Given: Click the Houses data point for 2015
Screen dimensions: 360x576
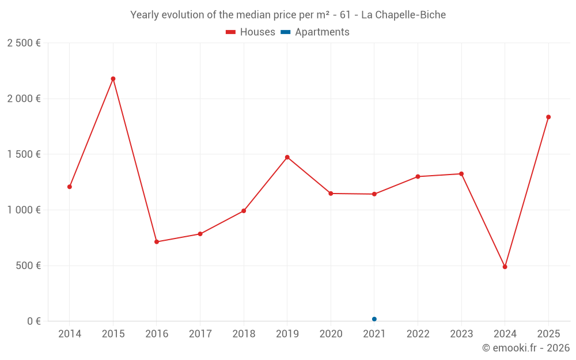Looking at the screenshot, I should (x=113, y=79).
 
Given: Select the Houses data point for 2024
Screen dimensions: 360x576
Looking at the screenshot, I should (x=505, y=267).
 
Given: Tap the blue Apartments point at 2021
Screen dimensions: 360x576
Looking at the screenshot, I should (x=374, y=319).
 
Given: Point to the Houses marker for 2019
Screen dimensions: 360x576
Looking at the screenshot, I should (x=287, y=157).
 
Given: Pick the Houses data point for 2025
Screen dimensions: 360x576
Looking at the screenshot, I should (x=548, y=117).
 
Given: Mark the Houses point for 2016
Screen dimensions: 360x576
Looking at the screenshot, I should (x=157, y=242).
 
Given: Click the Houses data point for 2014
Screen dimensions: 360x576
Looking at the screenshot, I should (x=70, y=187).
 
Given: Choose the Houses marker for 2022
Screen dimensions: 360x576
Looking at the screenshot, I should (x=418, y=177).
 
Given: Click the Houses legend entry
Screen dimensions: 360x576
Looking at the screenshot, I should (x=251, y=32).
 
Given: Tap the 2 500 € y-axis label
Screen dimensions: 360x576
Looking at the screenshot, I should (x=24, y=43).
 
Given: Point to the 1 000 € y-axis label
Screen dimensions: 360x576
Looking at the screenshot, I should (x=24, y=210).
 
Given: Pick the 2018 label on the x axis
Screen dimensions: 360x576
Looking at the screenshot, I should (x=244, y=334).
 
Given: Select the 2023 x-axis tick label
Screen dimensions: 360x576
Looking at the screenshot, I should (x=461, y=334).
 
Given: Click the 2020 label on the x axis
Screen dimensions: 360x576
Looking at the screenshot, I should (x=331, y=334).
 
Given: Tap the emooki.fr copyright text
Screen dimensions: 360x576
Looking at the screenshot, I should (x=525, y=348).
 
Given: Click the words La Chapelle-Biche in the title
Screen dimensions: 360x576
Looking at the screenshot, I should (x=403, y=15).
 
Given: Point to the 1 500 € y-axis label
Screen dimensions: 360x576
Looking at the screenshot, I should (x=24, y=154).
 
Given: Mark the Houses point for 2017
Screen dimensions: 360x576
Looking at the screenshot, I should (x=200, y=234).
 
